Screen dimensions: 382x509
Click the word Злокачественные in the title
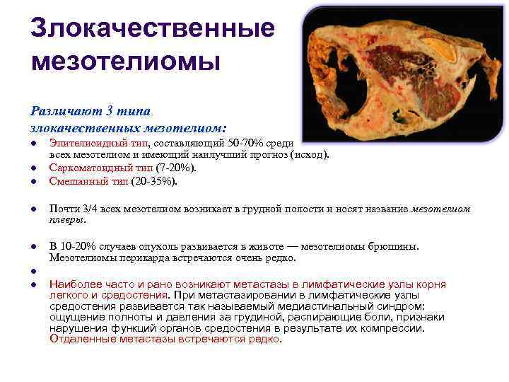[x=153, y=29]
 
